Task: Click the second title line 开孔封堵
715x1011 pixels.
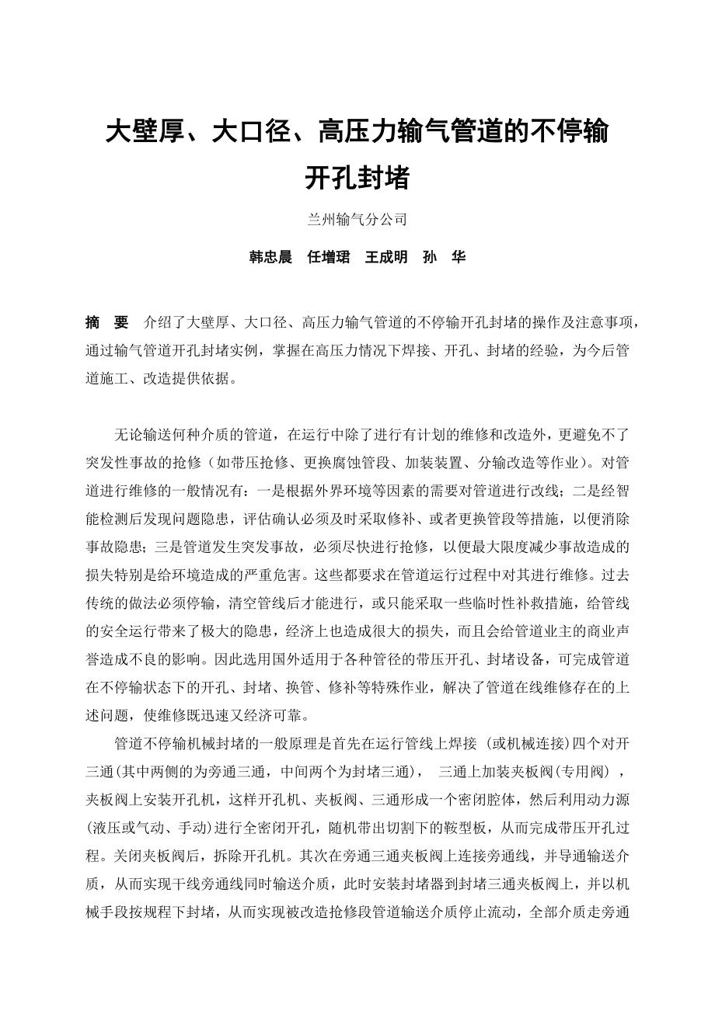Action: [x=357, y=178]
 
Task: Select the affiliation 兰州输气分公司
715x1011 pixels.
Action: [x=357, y=220]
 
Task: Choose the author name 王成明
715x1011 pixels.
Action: [x=386, y=258]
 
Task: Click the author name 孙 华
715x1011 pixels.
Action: [x=445, y=258]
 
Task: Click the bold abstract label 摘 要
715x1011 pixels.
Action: [x=106, y=322]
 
